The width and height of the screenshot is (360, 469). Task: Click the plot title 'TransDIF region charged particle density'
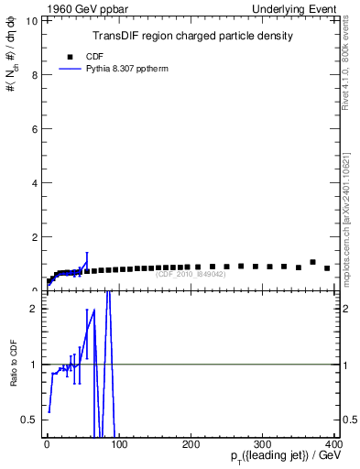click(x=192, y=37)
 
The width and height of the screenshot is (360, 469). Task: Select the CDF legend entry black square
click(x=70, y=57)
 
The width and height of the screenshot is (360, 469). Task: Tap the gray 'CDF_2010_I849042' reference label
click(x=192, y=274)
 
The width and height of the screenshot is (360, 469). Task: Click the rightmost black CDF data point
click(x=327, y=268)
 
